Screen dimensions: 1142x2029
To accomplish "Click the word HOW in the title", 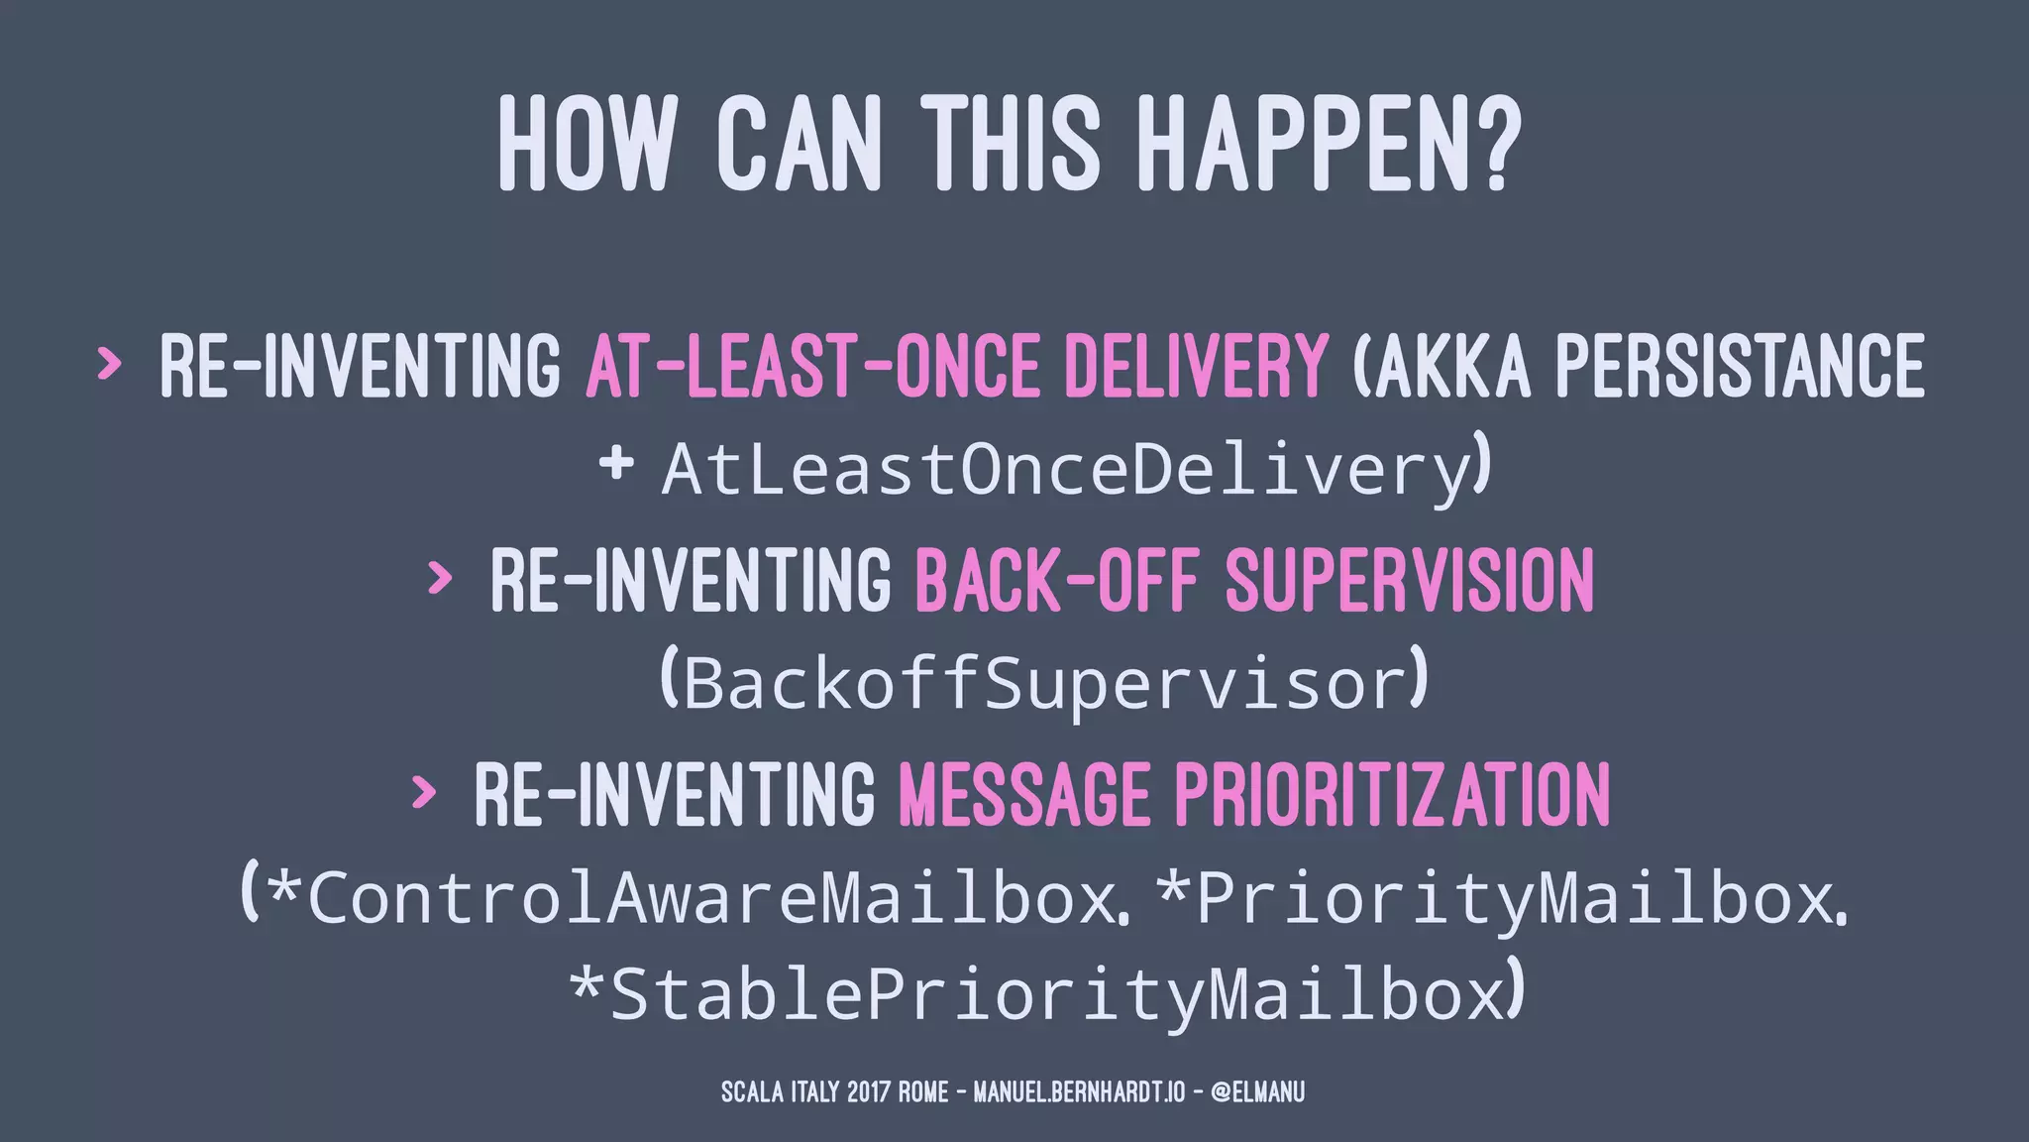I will click(585, 144).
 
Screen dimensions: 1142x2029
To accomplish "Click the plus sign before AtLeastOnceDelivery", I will click(616, 463).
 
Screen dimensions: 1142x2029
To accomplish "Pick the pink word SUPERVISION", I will click(1410, 580).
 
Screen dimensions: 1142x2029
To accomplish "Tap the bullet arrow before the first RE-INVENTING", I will click(108, 364).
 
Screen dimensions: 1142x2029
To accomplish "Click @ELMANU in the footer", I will click(1257, 1092).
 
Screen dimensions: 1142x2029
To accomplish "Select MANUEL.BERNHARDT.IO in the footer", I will click(1079, 1092).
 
